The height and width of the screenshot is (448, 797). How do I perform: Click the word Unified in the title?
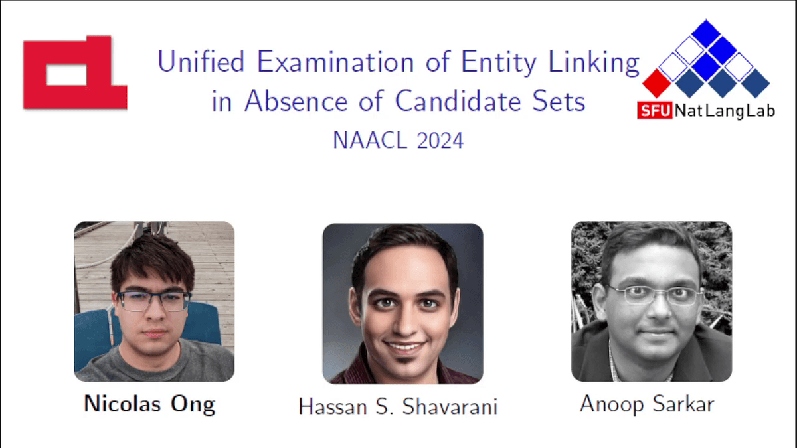coord(201,62)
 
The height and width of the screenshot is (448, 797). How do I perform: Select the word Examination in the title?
coord(335,62)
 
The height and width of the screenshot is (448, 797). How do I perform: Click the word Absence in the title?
coord(296,101)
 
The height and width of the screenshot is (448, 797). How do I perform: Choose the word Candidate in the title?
coord(457,101)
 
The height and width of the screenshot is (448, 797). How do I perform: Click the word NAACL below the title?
coord(370,141)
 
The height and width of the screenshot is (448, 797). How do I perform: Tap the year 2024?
coord(440,141)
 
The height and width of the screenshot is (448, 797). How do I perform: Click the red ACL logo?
coord(75,72)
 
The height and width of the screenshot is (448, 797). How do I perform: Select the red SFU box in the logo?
coord(655,111)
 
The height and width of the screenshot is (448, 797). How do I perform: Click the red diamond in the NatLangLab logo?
coord(657,84)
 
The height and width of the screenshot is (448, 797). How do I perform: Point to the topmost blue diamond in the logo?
coord(706,33)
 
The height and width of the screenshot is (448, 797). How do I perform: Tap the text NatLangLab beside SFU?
coord(725,112)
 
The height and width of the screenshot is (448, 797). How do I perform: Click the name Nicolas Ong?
coord(149,404)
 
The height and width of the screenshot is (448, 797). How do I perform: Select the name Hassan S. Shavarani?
coord(398,406)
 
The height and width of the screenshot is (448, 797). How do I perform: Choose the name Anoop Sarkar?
coord(647,404)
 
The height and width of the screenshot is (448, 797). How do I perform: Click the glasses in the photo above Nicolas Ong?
coord(153,301)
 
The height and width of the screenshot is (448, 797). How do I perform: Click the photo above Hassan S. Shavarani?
coord(402,303)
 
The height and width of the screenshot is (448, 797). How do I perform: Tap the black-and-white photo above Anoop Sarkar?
coord(652,301)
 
